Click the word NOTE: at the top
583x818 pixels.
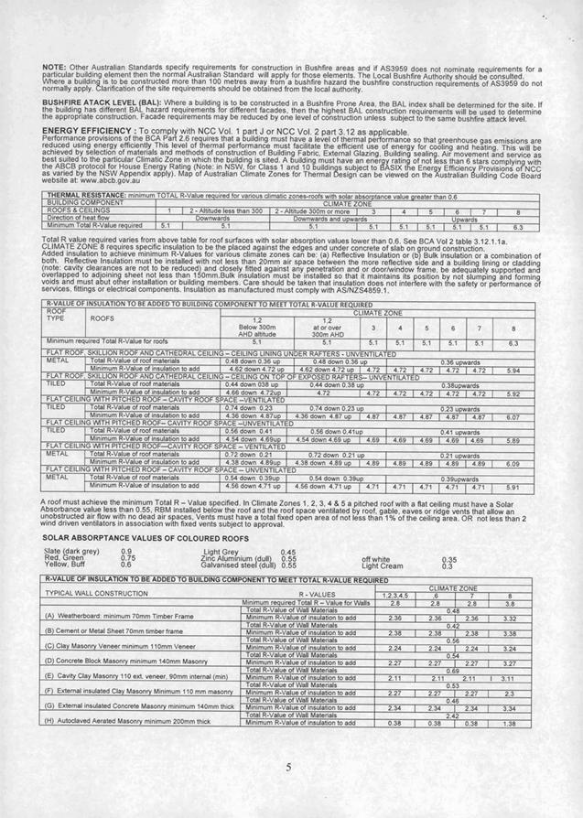(x=54, y=67)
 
